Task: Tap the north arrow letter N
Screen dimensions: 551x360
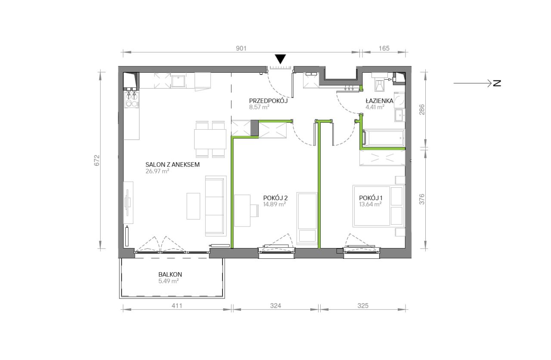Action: point(497,83)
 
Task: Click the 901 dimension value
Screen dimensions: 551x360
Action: point(241,49)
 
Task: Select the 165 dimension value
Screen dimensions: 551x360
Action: point(384,49)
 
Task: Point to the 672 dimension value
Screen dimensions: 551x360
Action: point(97,160)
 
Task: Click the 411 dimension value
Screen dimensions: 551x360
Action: point(177,306)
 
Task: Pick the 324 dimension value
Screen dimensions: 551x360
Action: point(275,306)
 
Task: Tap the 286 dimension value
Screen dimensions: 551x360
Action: point(422,109)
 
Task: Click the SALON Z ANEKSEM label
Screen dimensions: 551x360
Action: point(173,164)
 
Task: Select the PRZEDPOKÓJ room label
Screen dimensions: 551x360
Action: point(268,101)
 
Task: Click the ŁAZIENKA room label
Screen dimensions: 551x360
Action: point(379,101)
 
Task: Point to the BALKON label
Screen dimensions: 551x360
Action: point(170,274)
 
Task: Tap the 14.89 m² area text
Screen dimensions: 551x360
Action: point(274,204)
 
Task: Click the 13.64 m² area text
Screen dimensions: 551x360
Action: point(370,204)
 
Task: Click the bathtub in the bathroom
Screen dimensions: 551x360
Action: point(384,138)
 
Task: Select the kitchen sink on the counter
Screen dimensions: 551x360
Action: point(178,81)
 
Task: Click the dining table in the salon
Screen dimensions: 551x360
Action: point(210,139)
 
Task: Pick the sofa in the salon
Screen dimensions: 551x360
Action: point(216,206)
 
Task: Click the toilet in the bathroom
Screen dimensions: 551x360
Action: point(379,83)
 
